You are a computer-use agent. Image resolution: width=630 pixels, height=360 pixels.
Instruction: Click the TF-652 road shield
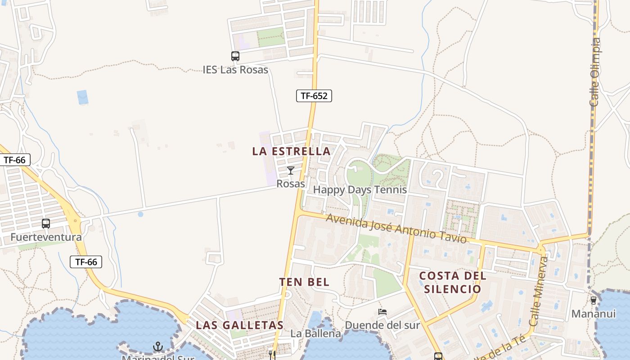[x=314, y=95]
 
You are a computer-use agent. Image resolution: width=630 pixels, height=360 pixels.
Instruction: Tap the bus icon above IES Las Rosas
[x=235, y=56]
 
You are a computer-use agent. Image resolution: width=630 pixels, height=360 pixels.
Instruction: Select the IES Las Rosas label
[x=235, y=70]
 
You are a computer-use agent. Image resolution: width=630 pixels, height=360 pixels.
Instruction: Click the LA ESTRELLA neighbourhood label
[x=292, y=151]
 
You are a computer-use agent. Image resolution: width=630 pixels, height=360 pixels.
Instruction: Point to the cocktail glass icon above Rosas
[x=291, y=171]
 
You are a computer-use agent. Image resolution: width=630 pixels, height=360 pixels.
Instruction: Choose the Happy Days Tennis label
[x=360, y=190]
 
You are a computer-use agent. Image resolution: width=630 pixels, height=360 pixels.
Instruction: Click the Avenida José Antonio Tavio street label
[x=396, y=228]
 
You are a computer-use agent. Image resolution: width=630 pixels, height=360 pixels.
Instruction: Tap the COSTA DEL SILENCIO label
[x=453, y=282]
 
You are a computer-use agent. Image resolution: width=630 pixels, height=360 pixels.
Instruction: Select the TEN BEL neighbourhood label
[x=304, y=282]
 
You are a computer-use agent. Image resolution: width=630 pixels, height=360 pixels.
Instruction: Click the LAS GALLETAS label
[x=239, y=325]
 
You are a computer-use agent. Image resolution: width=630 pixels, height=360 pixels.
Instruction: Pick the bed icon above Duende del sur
[x=382, y=311]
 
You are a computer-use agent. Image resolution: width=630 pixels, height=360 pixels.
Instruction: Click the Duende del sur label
[x=382, y=325]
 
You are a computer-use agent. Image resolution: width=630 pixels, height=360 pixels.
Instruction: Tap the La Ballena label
[x=316, y=333]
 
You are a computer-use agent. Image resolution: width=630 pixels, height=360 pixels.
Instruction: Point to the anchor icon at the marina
[x=157, y=346]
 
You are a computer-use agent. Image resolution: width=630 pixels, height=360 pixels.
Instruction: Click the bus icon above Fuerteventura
[x=46, y=224]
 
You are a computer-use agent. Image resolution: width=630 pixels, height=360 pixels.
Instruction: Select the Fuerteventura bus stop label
[x=46, y=237]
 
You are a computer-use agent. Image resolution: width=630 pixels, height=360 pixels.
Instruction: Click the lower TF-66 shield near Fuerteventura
[x=86, y=262]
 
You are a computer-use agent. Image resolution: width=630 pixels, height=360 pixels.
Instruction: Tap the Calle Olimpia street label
[x=595, y=72]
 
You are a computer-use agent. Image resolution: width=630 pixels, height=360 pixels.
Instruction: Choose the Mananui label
[x=594, y=314]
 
